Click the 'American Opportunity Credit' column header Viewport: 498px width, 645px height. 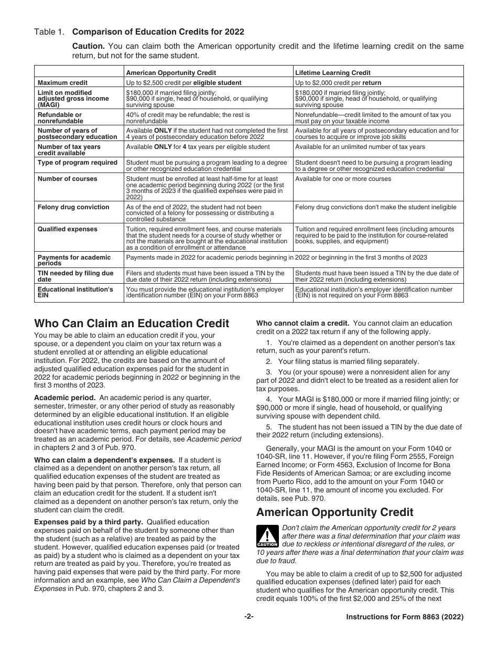171,73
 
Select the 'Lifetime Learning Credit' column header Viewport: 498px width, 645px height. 332,73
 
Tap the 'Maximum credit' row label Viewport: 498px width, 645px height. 63,83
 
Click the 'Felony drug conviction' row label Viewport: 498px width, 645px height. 73,207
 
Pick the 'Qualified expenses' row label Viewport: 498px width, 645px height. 67,229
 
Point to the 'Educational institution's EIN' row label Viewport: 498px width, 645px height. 75,293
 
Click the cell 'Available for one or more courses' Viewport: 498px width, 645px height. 343,179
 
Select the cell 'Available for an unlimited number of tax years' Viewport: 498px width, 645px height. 360,147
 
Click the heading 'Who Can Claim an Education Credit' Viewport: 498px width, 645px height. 132,324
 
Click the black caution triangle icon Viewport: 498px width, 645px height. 267,536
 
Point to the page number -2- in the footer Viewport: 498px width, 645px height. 248,617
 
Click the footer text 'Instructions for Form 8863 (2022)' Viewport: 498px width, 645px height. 405,617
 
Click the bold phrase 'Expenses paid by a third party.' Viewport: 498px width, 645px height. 89,522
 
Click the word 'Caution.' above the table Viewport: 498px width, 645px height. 88,46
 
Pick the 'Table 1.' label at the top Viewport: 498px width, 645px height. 49,31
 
